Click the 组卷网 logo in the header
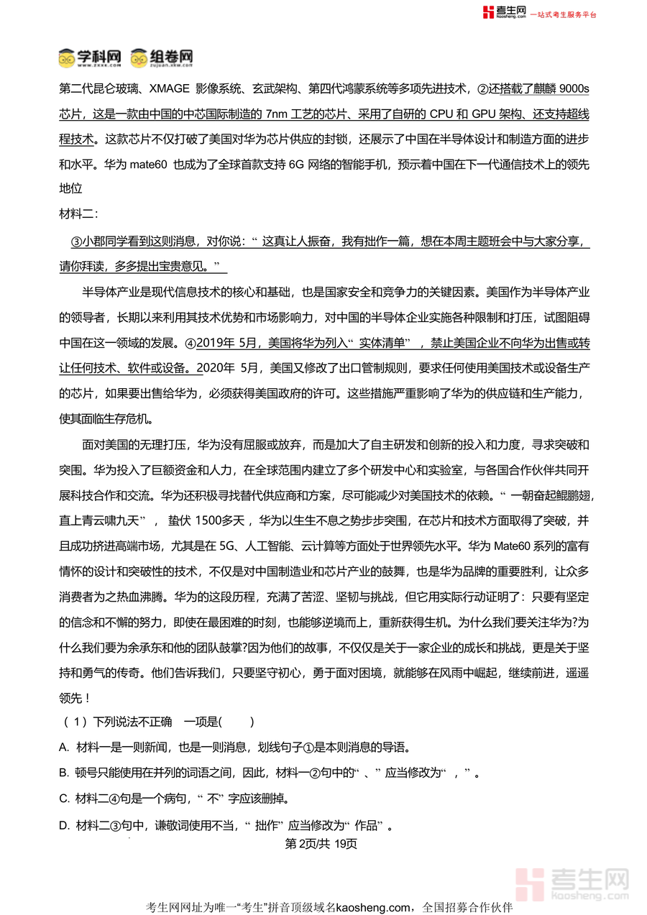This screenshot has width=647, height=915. [162, 58]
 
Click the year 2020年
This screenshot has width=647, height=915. [223, 367]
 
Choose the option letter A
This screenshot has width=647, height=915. [64, 748]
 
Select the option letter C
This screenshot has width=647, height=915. [64, 799]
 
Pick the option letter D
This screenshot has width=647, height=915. [64, 825]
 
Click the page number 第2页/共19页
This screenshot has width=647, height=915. [321, 843]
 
